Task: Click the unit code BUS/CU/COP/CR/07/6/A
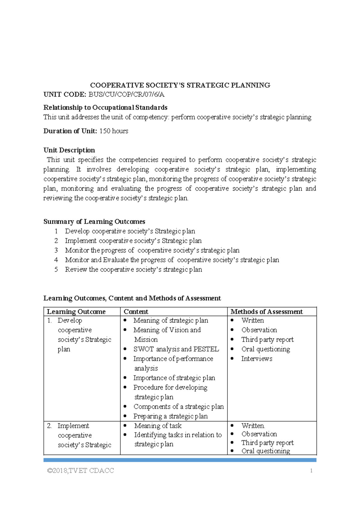(x=126, y=95)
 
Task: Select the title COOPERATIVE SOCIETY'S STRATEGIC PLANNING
(x=180, y=85)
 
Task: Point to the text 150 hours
(x=114, y=131)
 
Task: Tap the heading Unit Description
(x=69, y=150)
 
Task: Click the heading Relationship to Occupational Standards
(x=105, y=107)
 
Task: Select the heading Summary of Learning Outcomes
(x=94, y=221)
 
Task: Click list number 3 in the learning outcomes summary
(x=56, y=250)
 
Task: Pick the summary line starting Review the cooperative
(x=133, y=270)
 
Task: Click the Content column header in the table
(x=136, y=312)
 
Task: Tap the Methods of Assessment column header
(x=266, y=312)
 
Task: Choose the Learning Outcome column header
(x=76, y=312)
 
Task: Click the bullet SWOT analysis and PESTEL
(x=176, y=349)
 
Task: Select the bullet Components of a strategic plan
(x=178, y=407)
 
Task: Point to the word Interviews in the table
(x=257, y=359)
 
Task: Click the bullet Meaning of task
(x=158, y=426)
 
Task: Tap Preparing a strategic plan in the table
(x=170, y=416)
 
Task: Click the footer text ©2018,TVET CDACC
(x=80, y=471)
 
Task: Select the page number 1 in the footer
(x=311, y=471)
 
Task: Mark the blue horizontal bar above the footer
(x=180, y=460)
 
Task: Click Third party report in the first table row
(x=267, y=339)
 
